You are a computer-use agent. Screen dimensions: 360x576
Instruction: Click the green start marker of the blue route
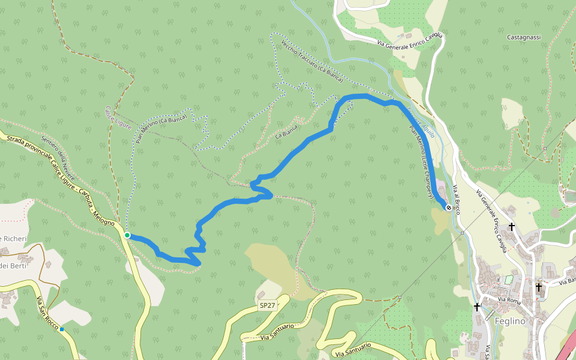[127, 235]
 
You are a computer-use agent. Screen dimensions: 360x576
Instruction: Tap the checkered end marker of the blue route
[449, 207]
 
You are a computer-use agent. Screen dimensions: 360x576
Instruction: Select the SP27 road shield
[267, 305]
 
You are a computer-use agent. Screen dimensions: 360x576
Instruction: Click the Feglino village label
[510, 321]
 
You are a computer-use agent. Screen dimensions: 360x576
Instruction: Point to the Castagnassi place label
[524, 37]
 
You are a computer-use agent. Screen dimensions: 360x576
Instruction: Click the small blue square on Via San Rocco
[62, 329]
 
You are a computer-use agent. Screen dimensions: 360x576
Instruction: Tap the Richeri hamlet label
[14, 239]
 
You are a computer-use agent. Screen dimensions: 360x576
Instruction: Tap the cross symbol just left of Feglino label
[477, 307]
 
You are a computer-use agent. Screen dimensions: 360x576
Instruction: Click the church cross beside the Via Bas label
[538, 287]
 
